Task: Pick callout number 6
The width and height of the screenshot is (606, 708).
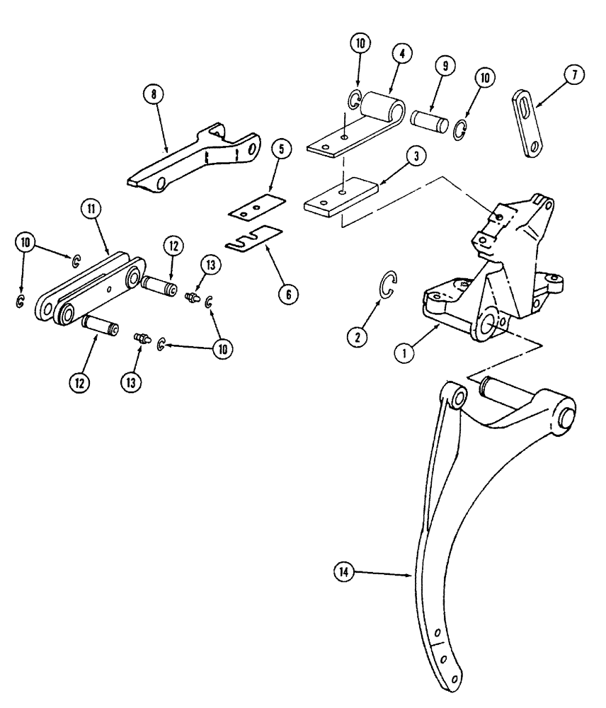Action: tap(287, 293)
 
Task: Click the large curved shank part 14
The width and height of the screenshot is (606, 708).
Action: tap(453, 524)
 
